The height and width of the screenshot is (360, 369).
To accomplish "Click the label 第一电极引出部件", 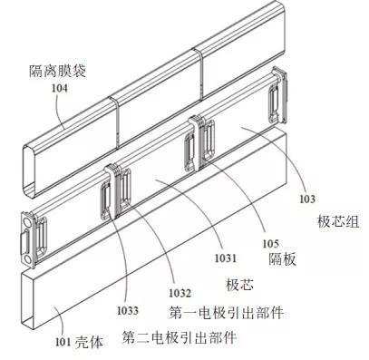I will click(226, 313).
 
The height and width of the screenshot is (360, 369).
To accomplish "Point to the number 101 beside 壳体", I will click(62, 342).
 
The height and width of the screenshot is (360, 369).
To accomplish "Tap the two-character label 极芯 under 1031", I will click(238, 283).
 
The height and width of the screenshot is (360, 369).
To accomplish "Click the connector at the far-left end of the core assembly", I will click(36, 238).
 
